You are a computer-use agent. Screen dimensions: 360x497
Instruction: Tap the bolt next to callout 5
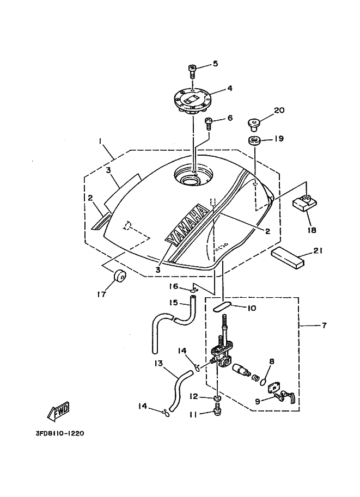tap(192, 72)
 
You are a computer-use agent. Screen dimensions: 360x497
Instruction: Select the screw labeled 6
tap(209, 123)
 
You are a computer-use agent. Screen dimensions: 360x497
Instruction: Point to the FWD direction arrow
tap(58, 412)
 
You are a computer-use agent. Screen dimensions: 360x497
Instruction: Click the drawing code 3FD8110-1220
tap(60, 433)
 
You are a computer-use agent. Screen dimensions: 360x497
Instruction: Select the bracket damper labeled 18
tap(304, 204)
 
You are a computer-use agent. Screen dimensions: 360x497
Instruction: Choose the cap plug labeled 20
tap(253, 124)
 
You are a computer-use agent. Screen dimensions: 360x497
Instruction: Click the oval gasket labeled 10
tap(221, 307)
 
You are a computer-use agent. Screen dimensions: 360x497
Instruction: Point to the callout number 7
tap(324, 325)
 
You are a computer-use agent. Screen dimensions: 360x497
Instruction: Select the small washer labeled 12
tap(217, 398)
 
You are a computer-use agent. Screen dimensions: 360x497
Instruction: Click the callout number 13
tap(158, 363)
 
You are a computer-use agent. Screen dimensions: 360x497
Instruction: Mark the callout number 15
tap(174, 302)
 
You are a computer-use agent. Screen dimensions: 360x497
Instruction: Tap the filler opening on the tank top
tap(193, 177)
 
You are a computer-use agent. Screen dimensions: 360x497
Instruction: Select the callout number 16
tap(174, 286)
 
